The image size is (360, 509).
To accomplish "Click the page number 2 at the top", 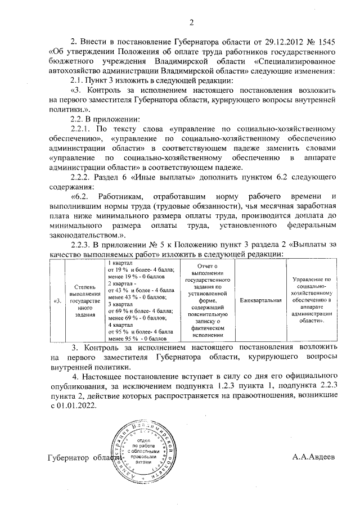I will (x=191, y=23).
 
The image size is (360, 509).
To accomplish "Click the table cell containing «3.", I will (x=57, y=301).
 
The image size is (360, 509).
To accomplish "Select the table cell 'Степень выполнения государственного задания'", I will (x=84, y=301).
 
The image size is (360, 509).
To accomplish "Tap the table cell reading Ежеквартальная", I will (x=260, y=300).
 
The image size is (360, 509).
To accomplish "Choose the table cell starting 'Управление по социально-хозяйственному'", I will (x=311, y=300).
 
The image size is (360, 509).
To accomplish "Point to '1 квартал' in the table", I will (x=119, y=263).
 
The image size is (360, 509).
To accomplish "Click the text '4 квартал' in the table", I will (x=119, y=325).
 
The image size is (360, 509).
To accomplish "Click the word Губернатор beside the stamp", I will (x=69, y=458).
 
